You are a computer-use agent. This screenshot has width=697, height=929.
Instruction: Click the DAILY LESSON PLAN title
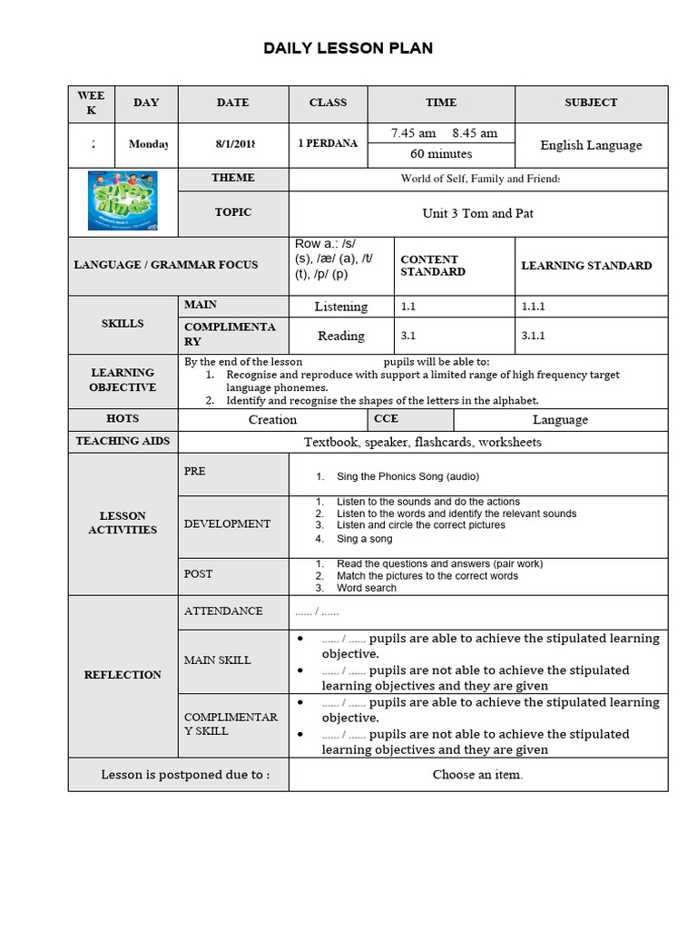(348, 48)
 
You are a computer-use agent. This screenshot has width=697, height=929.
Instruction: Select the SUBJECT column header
(591, 103)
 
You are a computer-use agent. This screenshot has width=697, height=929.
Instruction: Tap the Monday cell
(149, 144)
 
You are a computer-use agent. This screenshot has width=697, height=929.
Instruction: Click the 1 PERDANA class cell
(328, 143)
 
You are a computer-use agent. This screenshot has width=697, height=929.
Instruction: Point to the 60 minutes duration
(441, 154)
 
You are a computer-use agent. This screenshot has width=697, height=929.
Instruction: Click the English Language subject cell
(591, 145)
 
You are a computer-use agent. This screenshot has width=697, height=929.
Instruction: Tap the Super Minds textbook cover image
(123, 200)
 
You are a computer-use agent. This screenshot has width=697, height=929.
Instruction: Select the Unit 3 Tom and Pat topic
(477, 214)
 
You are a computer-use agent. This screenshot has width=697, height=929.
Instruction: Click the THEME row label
(233, 178)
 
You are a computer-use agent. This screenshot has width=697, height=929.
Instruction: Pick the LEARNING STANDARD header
(586, 266)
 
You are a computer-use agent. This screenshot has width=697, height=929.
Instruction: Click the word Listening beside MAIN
(341, 307)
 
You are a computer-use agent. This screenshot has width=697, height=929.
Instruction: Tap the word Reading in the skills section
(341, 336)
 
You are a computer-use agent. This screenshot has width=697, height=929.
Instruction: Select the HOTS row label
(123, 419)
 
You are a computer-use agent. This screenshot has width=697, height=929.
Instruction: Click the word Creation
(272, 420)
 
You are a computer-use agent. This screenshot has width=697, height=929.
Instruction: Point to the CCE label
(387, 419)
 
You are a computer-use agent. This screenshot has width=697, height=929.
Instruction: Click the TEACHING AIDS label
(123, 441)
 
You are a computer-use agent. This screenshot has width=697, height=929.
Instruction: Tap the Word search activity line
(367, 588)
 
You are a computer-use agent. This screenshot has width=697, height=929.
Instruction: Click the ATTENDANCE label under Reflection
(223, 611)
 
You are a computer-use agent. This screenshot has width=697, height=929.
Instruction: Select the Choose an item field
(477, 775)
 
